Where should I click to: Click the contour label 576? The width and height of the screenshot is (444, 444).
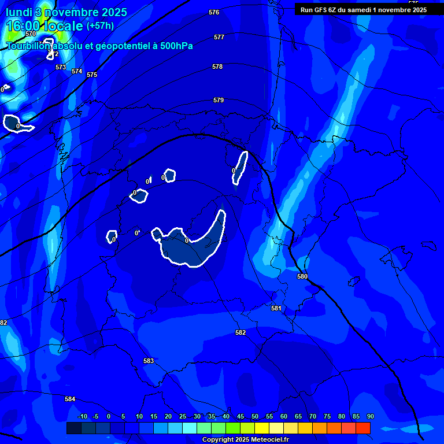(x=214, y=12)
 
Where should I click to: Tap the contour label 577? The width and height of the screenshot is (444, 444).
(x=219, y=37)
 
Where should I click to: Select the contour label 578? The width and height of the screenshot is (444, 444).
(x=217, y=66)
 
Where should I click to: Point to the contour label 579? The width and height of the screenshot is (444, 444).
(x=218, y=100)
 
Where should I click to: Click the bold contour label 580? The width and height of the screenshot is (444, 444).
(x=302, y=276)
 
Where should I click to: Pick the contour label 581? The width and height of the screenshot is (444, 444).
(x=276, y=308)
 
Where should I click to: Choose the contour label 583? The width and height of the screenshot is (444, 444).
(x=149, y=361)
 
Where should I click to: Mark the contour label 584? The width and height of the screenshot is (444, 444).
(x=70, y=399)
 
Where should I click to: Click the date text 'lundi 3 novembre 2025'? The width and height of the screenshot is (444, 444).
(x=66, y=13)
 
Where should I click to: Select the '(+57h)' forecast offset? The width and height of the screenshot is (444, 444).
(x=100, y=26)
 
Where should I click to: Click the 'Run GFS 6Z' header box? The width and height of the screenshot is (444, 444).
(x=364, y=9)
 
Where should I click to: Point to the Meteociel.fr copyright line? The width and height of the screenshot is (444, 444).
(x=245, y=440)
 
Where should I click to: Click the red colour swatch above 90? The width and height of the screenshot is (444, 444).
(x=363, y=428)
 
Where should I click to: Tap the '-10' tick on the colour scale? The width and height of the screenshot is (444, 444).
(x=82, y=416)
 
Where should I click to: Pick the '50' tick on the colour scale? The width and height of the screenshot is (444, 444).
(x=254, y=416)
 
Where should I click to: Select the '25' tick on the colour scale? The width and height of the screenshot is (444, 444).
(x=182, y=416)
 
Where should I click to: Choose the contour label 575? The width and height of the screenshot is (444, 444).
(x=92, y=75)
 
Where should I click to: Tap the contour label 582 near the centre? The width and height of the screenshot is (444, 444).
(x=240, y=332)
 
